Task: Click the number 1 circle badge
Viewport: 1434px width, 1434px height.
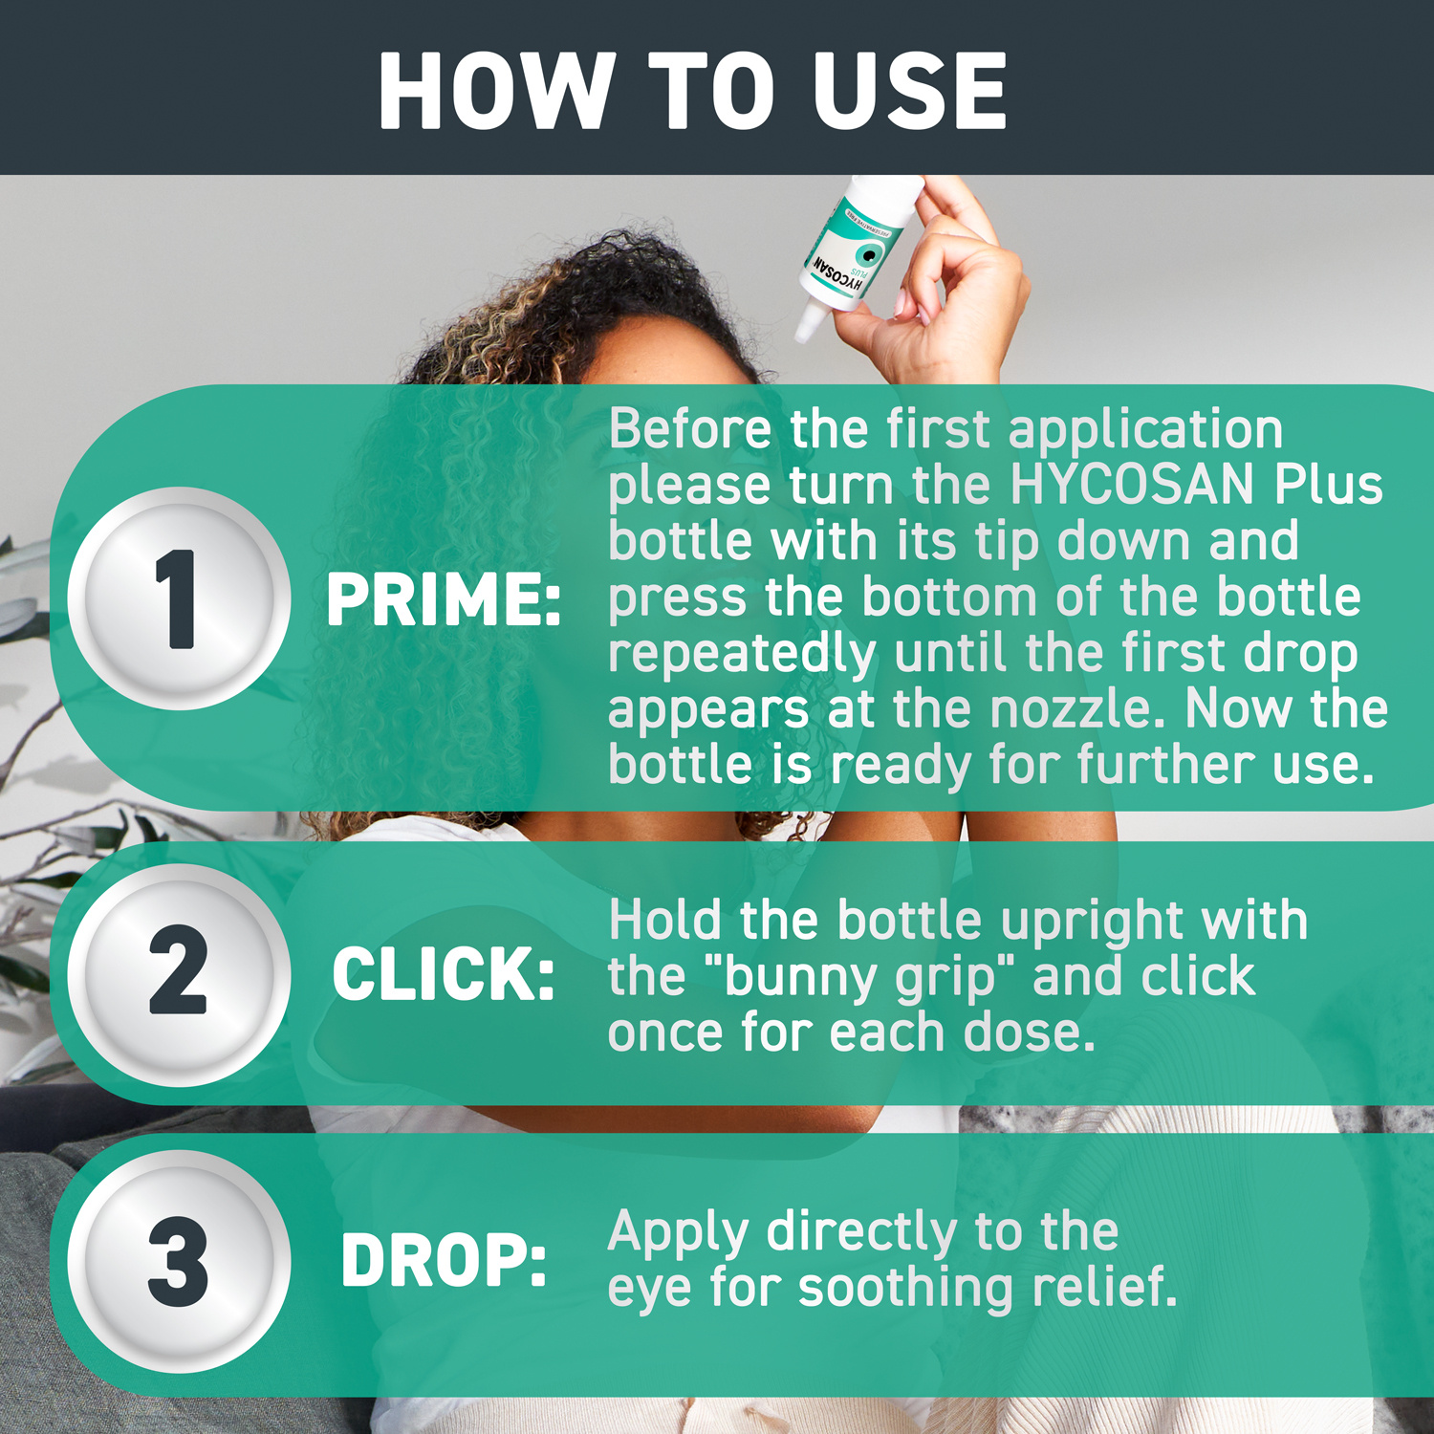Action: point(179,598)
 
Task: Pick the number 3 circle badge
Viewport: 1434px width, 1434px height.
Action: point(179,1261)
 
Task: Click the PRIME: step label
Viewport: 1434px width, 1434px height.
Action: point(444,600)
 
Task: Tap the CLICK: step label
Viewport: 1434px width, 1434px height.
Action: point(444,975)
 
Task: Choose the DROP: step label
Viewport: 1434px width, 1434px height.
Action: point(444,1261)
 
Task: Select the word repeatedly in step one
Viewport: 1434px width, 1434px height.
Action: point(742,655)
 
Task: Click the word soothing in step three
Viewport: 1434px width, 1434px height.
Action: point(904,1288)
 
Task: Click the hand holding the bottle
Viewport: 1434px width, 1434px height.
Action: point(946,287)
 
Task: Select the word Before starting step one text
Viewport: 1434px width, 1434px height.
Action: point(689,428)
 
